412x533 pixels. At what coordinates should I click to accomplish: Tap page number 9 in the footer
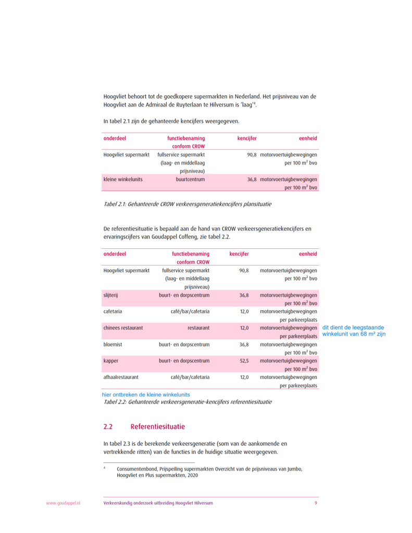(x=316, y=503)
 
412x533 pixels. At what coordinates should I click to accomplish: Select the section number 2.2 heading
(x=108, y=427)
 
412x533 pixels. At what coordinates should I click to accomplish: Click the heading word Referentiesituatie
(x=157, y=427)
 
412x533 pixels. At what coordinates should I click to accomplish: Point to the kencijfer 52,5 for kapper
(x=244, y=361)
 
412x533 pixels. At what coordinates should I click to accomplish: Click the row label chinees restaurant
(x=123, y=328)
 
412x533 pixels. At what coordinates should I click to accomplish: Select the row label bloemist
(x=113, y=345)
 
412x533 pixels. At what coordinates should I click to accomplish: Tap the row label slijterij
(x=111, y=295)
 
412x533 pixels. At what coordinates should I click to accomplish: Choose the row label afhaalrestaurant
(x=121, y=377)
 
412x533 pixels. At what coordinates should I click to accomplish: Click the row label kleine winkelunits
(x=123, y=180)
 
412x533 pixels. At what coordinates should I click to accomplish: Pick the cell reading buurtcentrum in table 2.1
(x=190, y=180)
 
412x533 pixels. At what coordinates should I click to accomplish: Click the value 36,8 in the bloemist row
(x=244, y=345)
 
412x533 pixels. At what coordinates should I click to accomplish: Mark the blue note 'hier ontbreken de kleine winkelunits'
(x=145, y=395)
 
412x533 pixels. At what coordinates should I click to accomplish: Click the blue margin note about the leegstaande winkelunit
(x=354, y=331)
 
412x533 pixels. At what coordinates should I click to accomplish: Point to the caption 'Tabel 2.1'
(x=187, y=205)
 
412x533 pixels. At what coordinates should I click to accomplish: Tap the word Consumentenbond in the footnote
(x=136, y=469)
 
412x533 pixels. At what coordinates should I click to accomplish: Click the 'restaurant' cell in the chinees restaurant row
(x=198, y=328)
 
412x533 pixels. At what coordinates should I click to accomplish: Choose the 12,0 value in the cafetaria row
(x=244, y=312)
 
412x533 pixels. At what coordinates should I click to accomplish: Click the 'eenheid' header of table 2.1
(x=308, y=138)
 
